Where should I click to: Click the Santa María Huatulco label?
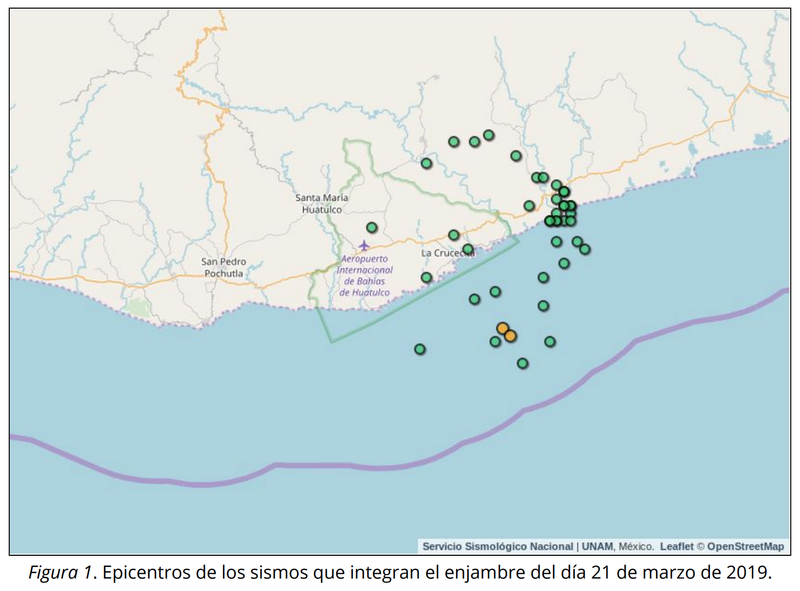(x=322, y=203)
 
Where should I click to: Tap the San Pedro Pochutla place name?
(x=224, y=267)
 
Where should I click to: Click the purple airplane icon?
(x=364, y=246)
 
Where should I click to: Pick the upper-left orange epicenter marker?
(x=502, y=329)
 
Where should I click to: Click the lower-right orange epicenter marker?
(x=510, y=336)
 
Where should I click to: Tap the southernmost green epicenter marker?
(x=522, y=363)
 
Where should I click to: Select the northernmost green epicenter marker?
(x=488, y=135)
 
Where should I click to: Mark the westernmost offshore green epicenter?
(x=419, y=349)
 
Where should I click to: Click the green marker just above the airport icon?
(x=371, y=227)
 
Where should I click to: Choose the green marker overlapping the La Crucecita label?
(x=468, y=249)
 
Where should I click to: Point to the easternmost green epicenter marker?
(x=585, y=249)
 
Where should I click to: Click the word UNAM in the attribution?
(x=598, y=546)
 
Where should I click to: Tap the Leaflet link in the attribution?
(x=676, y=546)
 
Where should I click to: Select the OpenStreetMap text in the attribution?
(x=745, y=546)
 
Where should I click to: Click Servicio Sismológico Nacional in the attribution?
(x=497, y=546)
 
